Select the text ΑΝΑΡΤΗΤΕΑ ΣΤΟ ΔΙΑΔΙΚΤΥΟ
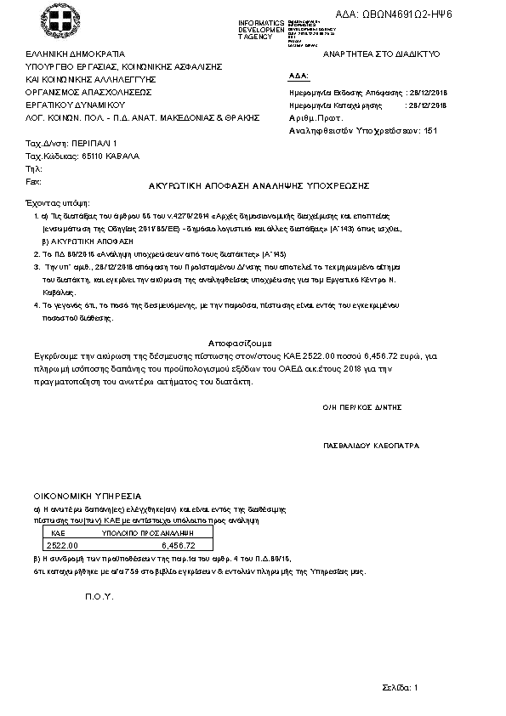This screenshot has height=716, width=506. (376, 54)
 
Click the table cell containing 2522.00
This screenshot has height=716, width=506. (62, 545)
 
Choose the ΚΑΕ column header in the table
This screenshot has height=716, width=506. (59, 531)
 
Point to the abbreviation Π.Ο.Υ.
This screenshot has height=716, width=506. (99, 596)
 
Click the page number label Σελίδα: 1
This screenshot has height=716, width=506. (400, 686)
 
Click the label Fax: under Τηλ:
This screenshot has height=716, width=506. (34, 181)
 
